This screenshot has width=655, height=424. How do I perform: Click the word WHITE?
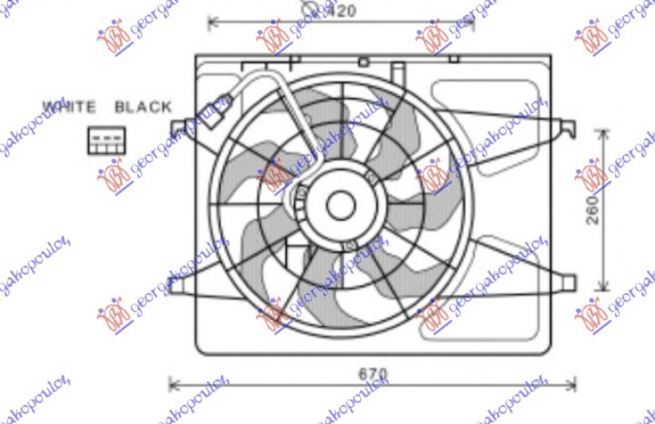[70, 106]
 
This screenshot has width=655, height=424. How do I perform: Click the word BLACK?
[143, 106]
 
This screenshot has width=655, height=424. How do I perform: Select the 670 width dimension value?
[373, 374]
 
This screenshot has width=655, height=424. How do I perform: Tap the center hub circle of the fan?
[340, 205]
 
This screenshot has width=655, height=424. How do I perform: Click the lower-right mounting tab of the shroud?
[565, 282]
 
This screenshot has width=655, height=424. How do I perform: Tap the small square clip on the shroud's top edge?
[364, 61]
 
